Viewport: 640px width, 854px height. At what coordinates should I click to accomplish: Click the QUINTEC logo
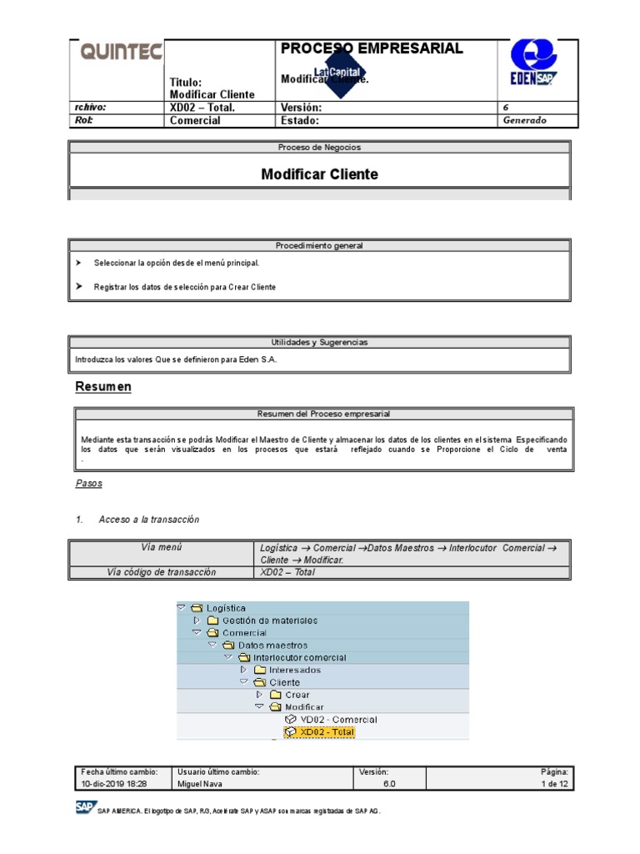point(121,53)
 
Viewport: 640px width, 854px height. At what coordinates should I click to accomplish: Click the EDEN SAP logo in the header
point(533,65)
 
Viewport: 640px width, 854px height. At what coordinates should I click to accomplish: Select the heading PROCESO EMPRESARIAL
point(372,48)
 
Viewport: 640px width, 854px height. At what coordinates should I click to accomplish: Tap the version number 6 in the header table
point(506,108)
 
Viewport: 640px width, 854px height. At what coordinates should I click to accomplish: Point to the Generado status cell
point(524,120)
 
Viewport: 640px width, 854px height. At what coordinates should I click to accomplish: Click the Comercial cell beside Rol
point(195,120)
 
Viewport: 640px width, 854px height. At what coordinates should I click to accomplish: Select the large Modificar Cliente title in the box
point(319,174)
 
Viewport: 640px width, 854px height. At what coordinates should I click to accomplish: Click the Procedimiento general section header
point(319,246)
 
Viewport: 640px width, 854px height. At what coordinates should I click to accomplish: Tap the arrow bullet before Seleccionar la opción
point(78,263)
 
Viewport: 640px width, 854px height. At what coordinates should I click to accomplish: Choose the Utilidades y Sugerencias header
point(319,342)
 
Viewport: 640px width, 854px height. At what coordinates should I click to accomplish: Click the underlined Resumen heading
point(103,387)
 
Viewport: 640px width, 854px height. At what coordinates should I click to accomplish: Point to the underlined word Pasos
point(89,484)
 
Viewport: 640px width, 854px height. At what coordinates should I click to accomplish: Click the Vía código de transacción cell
point(162,572)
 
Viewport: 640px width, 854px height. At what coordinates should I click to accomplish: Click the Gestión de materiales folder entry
point(269,620)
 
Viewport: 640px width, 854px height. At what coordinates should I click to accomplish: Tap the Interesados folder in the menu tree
point(294,670)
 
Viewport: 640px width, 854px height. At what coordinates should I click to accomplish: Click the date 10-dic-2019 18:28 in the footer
point(114,785)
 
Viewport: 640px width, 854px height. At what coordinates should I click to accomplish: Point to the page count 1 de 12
point(554,785)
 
